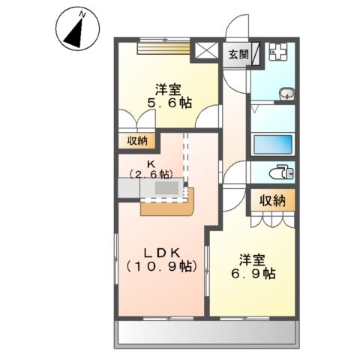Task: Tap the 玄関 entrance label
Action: tap(238, 54)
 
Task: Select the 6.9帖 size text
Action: tap(253, 274)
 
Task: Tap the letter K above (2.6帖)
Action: tap(151, 163)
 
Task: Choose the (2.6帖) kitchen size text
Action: tap(151, 174)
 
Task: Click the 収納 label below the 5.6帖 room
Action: tap(136, 140)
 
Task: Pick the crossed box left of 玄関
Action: tap(205, 52)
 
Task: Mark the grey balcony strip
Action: tap(207, 333)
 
